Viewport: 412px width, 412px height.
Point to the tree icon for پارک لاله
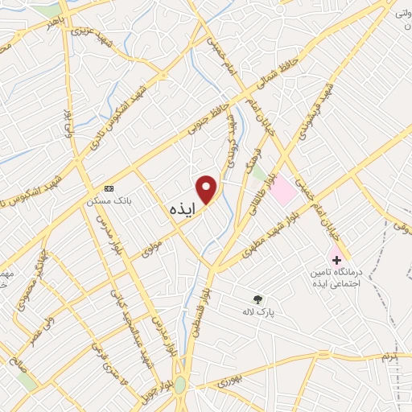(257, 299)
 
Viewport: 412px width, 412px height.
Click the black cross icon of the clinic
(336, 259)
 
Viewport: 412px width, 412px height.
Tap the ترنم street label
(391, 355)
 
